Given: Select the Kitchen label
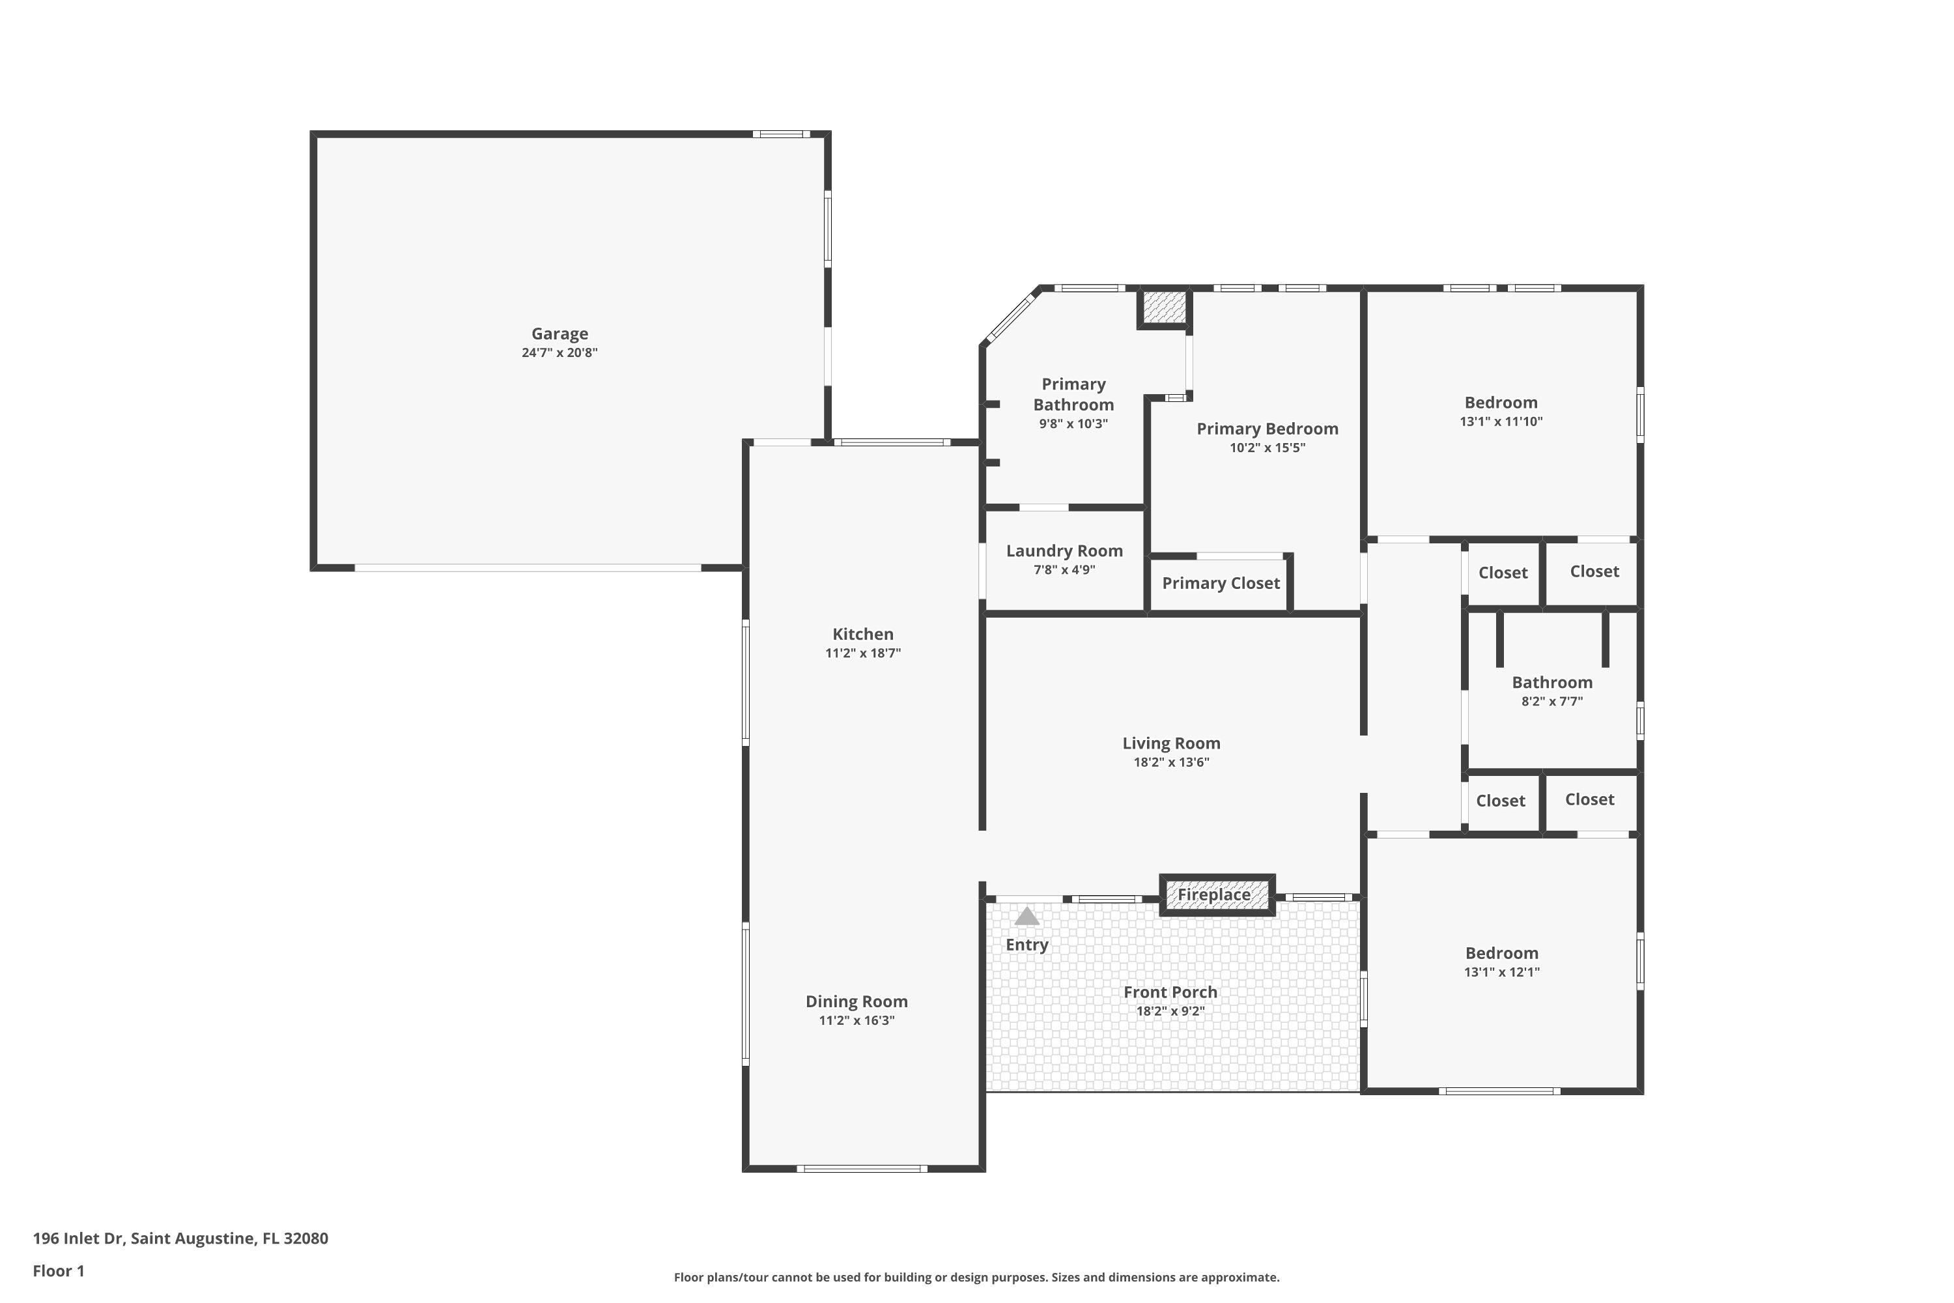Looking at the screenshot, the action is pos(862,634).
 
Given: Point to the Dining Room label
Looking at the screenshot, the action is pos(857,1001).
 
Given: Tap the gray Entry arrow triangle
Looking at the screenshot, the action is pos(1027,916).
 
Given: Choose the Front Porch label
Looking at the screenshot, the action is pos(1170,992).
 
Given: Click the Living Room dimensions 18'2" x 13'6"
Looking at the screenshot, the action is pos(1171,762).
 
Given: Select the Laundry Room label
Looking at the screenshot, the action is pos(1064,551).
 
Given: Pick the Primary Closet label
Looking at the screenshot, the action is pos(1221,583).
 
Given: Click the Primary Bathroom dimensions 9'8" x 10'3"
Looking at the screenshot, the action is pos(1073,424).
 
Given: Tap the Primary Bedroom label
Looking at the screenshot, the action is pos(1267,429).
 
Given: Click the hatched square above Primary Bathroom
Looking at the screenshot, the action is pos(1164,308).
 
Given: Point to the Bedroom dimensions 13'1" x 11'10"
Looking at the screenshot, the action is pos(1501,422).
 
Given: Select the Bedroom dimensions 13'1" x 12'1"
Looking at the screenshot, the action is pos(1501,972).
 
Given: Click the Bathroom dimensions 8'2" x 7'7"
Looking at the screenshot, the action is pos(1552,702).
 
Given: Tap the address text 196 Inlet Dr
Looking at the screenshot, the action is pos(78,1239).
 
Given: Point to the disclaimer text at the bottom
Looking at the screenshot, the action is pos(976,1277).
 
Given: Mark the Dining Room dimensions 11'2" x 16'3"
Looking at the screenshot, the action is pos(857,1020).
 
